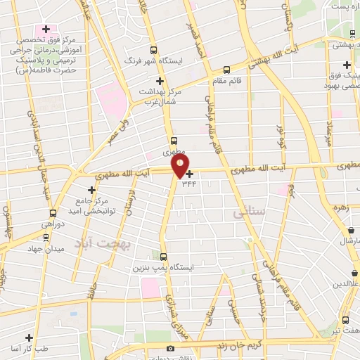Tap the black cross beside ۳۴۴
[x=190, y=173]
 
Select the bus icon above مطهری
[x=173, y=140]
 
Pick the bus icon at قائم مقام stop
[x=226, y=70]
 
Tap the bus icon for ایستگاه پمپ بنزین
[x=163, y=257]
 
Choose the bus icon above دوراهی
[x=52, y=213]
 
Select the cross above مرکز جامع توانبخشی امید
[x=91, y=189]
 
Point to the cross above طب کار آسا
[x=30, y=337]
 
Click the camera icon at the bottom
[x=169, y=349]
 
